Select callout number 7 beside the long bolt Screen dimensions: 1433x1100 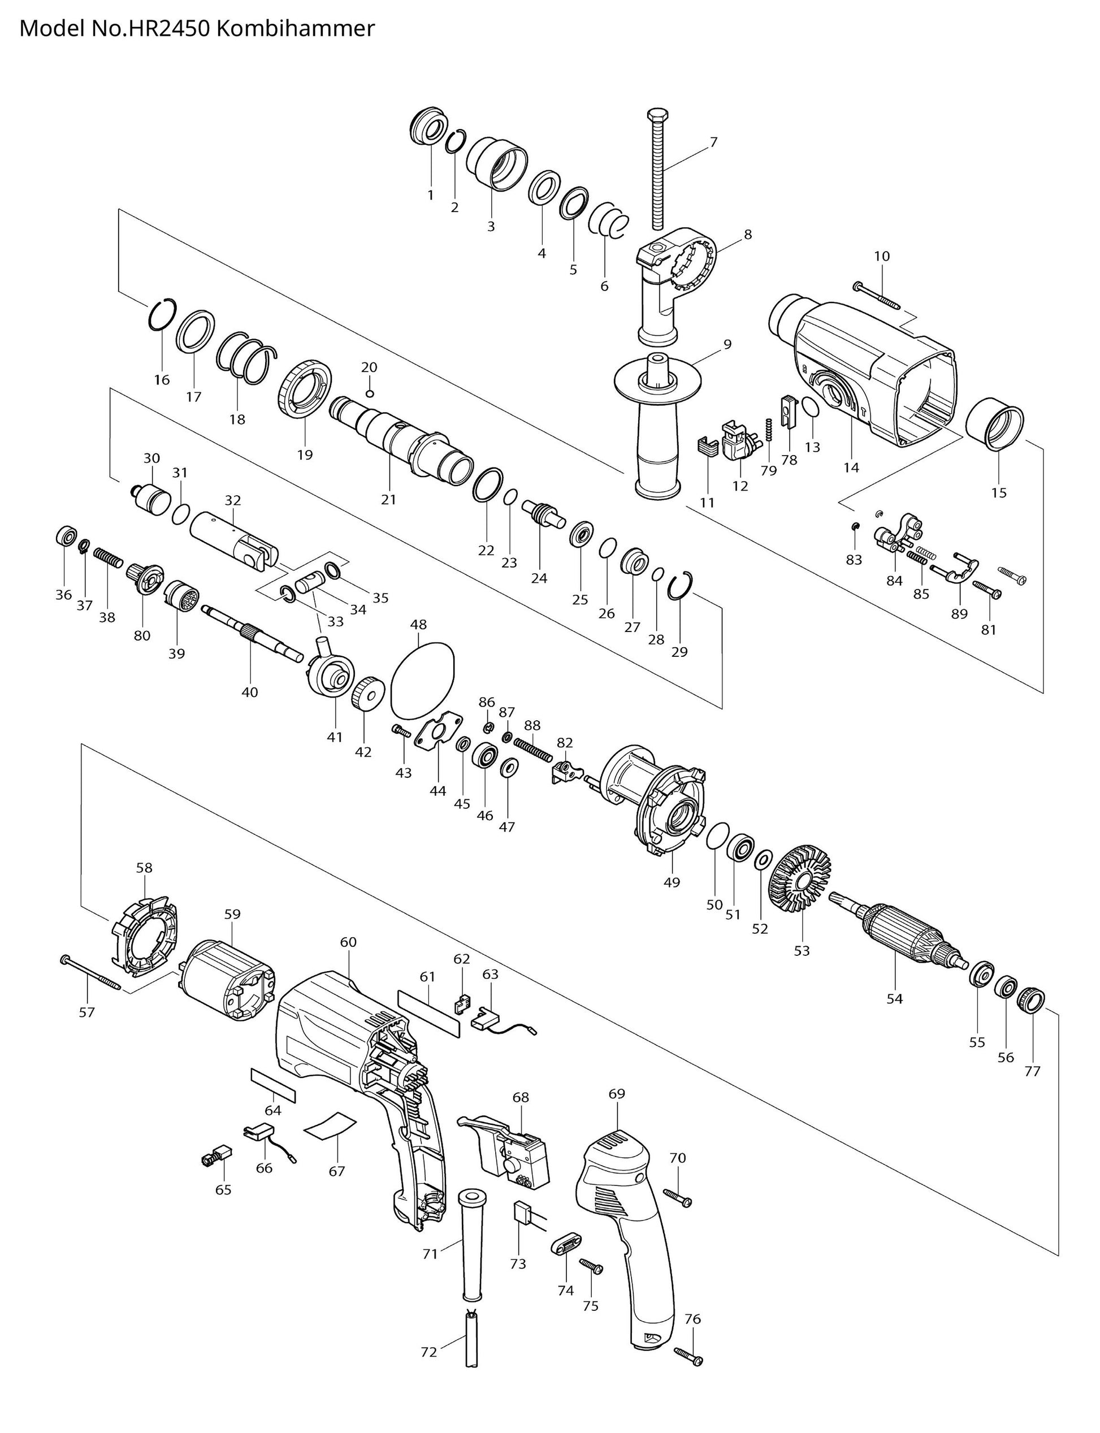(713, 142)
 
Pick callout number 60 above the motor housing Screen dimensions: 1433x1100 (348, 942)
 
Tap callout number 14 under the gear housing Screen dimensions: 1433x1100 (851, 467)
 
